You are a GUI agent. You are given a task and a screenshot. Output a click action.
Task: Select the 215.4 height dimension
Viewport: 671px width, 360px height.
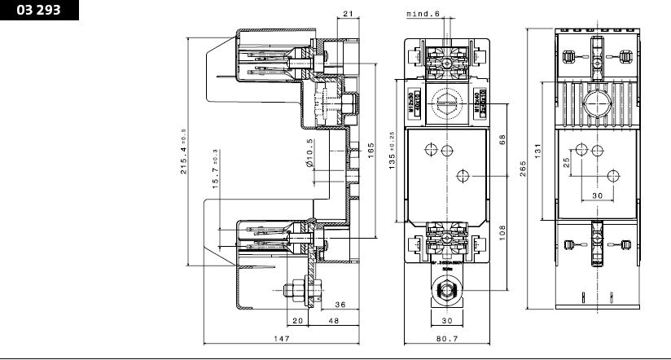click(x=184, y=151)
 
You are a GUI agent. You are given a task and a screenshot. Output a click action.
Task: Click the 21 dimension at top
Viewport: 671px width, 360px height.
click(x=348, y=14)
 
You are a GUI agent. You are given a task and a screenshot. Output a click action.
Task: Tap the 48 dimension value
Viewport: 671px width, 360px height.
click(x=335, y=321)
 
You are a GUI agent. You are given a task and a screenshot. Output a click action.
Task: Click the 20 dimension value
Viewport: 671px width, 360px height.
click(x=298, y=321)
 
